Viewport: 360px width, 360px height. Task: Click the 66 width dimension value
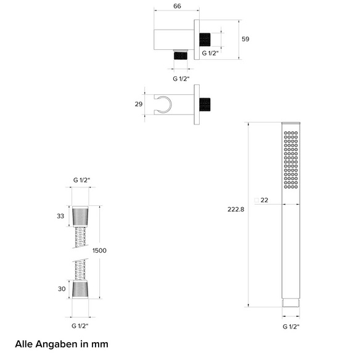tap(177, 6)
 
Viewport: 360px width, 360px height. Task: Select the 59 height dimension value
tap(245, 39)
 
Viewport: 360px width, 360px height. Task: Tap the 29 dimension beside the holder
tap(139, 104)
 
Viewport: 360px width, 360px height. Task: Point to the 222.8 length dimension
tap(236, 210)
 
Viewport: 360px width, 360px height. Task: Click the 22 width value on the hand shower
tap(264, 200)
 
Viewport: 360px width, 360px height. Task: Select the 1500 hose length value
tap(99, 250)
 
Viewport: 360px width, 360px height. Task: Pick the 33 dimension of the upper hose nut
tap(60, 216)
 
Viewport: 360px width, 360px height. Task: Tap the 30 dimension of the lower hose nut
tap(62, 289)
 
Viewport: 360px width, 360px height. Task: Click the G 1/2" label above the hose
tap(81, 180)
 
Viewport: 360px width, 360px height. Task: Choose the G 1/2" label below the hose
tap(80, 326)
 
